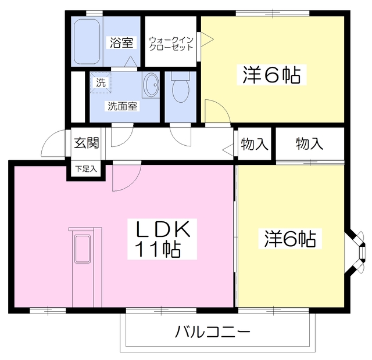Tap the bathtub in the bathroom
click(x=88, y=41)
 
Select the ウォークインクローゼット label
click(x=170, y=44)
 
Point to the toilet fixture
click(x=181, y=88)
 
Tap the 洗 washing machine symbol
click(x=101, y=82)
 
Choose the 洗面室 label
click(x=121, y=106)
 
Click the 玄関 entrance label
click(x=86, y=143)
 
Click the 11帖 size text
click(x=158, y=250)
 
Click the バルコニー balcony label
click(x=213, y=333)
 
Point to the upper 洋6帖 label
click(x=271, y=75)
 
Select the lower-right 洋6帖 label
click(x=290, y=239)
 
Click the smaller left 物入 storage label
click(x=254, y=144)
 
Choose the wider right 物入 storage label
click(x=309, y=144)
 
